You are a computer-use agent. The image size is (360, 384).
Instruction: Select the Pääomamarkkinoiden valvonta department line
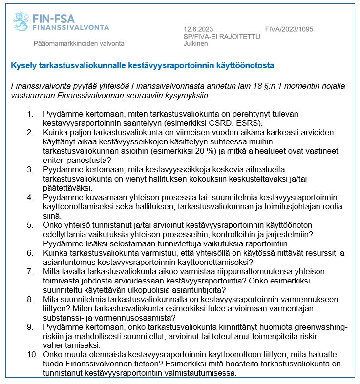(79, 43)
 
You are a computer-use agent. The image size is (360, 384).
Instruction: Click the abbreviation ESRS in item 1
(250, 123)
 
